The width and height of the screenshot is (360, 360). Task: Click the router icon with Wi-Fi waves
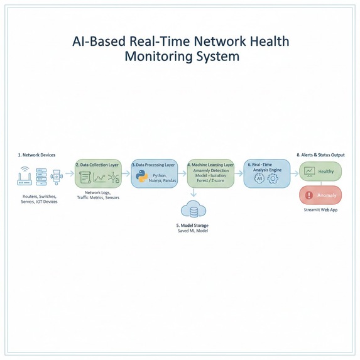pos(25,177)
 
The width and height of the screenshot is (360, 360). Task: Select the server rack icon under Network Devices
pos(41,177)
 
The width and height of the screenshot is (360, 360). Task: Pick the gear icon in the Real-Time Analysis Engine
pos(273,178)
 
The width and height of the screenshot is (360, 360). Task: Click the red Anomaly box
pos(320,195)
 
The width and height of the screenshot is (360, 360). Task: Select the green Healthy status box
pos(320,172)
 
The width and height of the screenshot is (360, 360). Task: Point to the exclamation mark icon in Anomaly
pos(308,195)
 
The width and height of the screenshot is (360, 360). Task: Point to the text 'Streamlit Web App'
pos(320,210)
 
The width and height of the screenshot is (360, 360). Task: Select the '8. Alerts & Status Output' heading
pos(320,155)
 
